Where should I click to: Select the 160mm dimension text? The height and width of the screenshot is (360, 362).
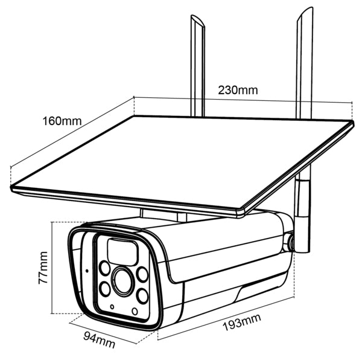coord(62,121)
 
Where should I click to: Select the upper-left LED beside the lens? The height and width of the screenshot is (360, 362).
coord(104,268)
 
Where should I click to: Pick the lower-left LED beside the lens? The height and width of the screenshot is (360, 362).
coord(105,289)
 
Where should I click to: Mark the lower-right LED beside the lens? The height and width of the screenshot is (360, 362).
coord(142,296)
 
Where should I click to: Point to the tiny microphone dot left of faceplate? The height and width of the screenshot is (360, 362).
coord(86,270)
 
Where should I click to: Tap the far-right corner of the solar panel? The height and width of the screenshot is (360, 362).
coord(352,122)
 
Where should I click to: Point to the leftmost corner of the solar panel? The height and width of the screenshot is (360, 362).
coord(11,188)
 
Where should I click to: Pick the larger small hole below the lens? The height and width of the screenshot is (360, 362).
coord(135,312)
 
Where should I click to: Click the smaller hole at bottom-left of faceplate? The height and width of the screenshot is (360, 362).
coord(112,307)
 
